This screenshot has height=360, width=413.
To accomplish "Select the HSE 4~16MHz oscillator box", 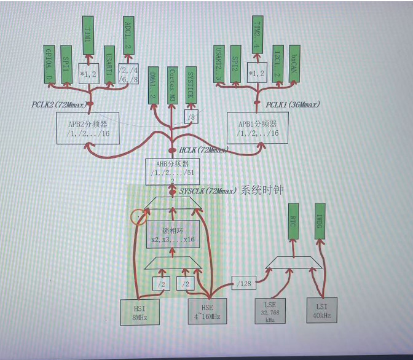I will (x=207, y=311).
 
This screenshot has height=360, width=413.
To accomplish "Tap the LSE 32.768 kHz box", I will (x=270, y=311).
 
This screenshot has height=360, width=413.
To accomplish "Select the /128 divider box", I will (x=245, y=283).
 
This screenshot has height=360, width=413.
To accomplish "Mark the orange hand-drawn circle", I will (x=140, y=216).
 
